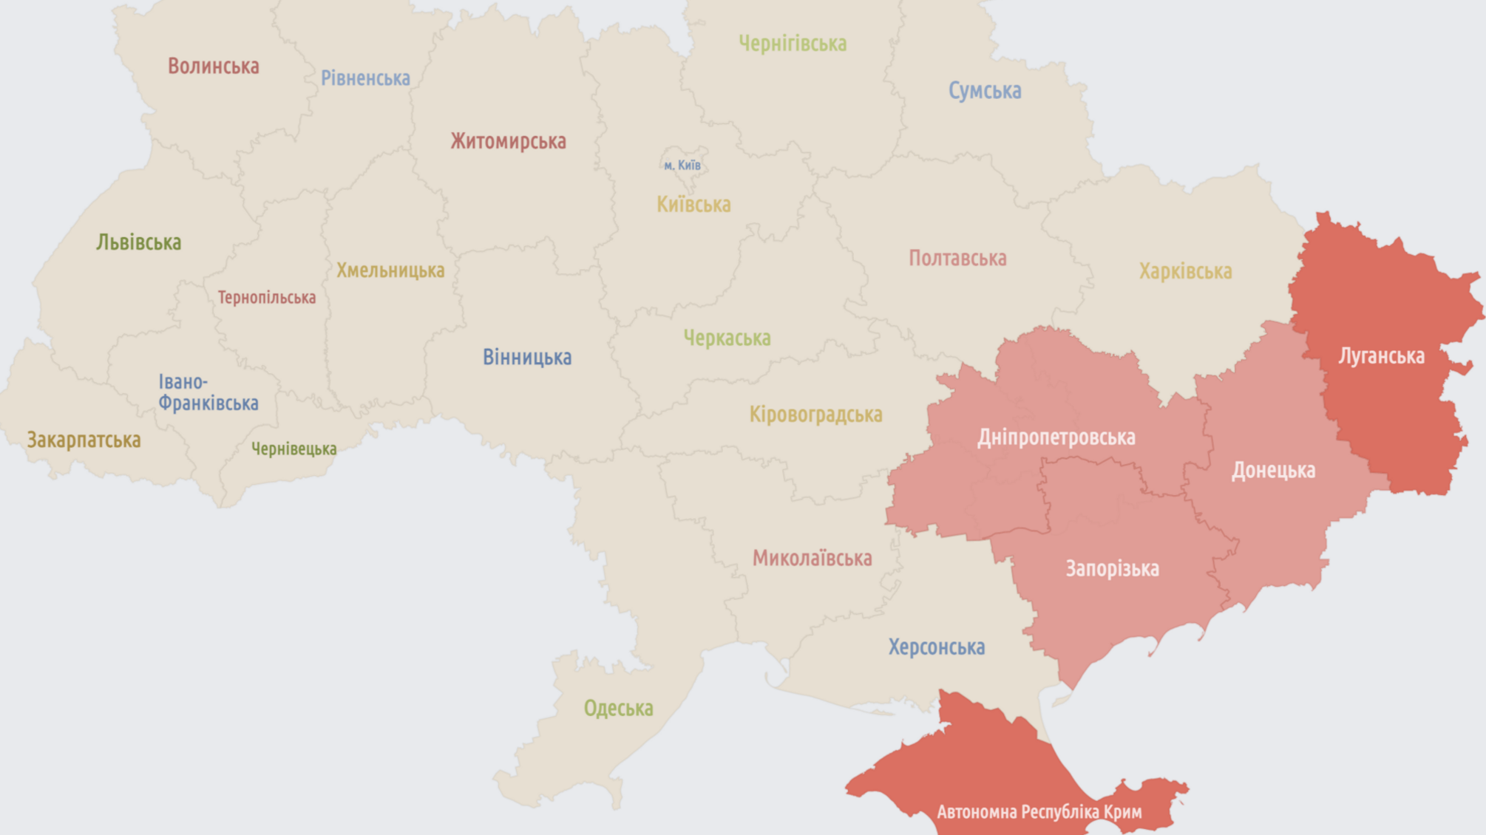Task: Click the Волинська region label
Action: pyautogui.click(x=213, y=67)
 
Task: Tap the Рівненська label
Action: pyautogui.click(x=365, y=78)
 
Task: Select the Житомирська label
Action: pyautogui.click(x=509, y=141)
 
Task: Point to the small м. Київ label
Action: pyautogui.click(x=682, y=166)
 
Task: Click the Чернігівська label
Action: pyautogui.click(x=793, y=44)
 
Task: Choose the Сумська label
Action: pyautogui.click(x=985, y=91)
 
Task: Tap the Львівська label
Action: pyautogui.click(x=138, y=242)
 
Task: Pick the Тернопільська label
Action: pyautogui.click(x=266, y=298)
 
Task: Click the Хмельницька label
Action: pyautogui.click(x=390, y=270)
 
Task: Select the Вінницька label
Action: pyautogui.click(x=527, y=358)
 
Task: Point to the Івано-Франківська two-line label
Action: pyautogui.click(x=208, y=392)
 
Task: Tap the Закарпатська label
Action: pyautogui.click(x=84, y=440)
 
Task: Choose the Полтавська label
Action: pyautogui.click(x=957, y=259)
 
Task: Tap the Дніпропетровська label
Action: pyautogui.click(x=1056, y=437)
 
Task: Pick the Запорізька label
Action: pyautogui.click(x=1112, y=569)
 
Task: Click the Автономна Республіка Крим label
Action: pyautogui.click(x=1039, y=812)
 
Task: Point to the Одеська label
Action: pyautogui.click(x=618, y=709)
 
